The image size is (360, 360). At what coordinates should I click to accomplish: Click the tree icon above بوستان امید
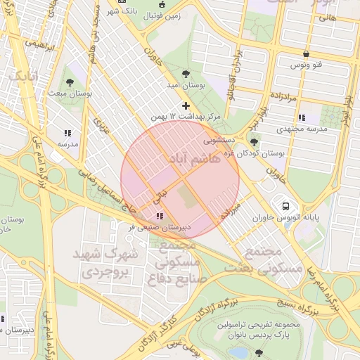[186, 73]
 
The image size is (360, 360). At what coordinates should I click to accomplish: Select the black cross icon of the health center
[186, 105]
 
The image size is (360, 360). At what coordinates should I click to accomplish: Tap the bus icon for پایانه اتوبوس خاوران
[285, 206]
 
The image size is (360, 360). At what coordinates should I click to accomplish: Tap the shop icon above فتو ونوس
[306, 54]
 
